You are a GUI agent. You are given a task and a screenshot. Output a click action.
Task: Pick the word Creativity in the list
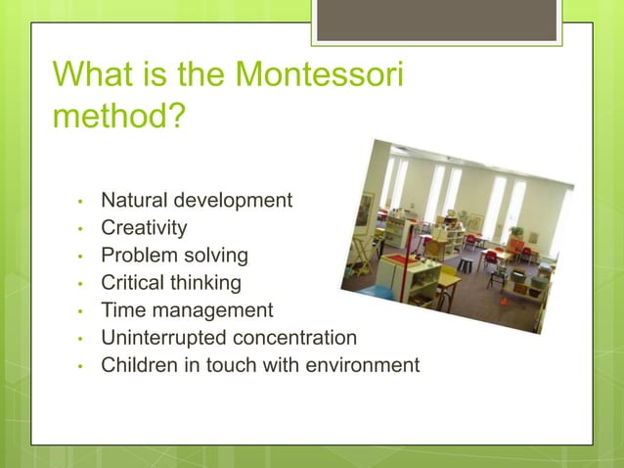coord(144,228)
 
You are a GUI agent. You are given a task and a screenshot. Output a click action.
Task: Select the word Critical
coord(132,283)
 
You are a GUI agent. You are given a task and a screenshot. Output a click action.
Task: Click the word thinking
coord(204,283)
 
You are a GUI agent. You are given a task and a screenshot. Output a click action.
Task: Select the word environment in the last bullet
coord(362,365)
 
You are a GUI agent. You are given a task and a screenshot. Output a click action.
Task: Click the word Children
coord(139,365)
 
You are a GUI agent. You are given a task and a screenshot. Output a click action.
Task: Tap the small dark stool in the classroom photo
coord(466,264)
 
